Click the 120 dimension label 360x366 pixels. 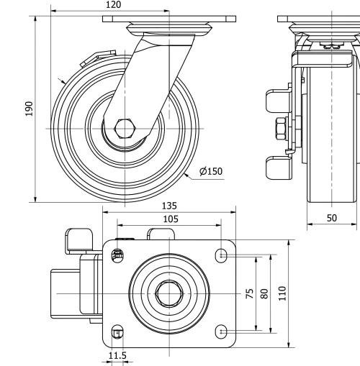pos(112,5)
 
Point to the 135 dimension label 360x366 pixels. pos(170,206)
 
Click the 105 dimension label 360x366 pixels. pos(170,219)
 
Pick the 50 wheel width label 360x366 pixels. pos(332,217)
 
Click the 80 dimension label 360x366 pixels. pos(264,293)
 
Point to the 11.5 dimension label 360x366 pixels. pos(117,356)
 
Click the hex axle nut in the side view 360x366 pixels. pos(124,129)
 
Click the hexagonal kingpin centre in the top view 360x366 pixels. pos(169,292)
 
